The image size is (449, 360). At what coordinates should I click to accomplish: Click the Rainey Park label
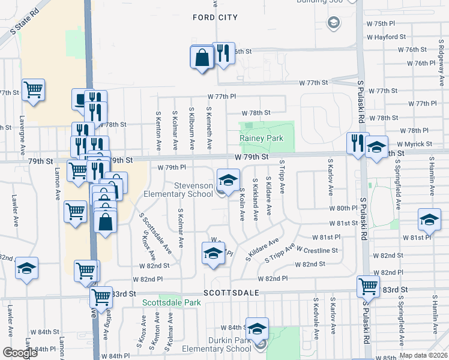click(x=261, y=138)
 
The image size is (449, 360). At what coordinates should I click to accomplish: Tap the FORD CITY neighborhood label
click(x=215, y=17)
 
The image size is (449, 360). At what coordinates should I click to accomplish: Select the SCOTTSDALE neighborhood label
click(x=231, y=293)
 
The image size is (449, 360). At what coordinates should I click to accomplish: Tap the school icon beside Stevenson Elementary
click(x=228, y=179)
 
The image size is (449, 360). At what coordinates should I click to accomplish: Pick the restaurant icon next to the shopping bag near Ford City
click(x=223, y=53)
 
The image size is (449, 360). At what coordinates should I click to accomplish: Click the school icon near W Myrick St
click(x=376, y=146)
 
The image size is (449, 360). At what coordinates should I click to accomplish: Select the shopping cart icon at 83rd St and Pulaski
click(x=368, y=286)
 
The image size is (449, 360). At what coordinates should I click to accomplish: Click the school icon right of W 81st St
click(x=429, y=221)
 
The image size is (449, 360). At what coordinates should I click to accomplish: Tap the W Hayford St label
click(x=391, y=37)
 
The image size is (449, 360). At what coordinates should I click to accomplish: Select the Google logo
click(x=20, y=353)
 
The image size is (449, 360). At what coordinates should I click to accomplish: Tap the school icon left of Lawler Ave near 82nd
click(x=26, y=268)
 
